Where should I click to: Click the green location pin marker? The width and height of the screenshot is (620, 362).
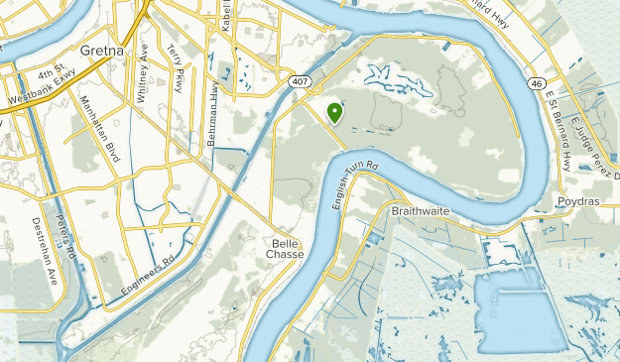pyautogui.click(x=334, y=114)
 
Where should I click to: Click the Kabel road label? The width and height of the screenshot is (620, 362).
pyautogui.click(x=226, y=17)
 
